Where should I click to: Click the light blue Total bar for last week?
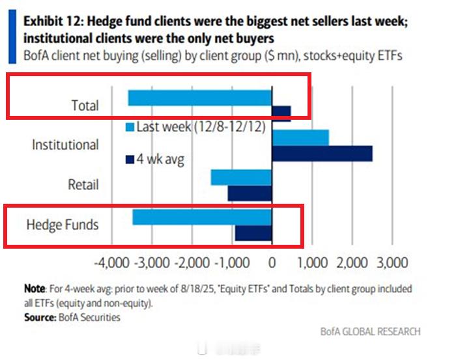pos(199,98)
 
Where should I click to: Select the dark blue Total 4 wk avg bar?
pos(281,113)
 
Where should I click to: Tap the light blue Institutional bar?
pos(300,137)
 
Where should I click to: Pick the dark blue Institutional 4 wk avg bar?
pos(322,154)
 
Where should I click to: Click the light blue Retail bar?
pos(241,178)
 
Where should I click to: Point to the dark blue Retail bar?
pos(250,193)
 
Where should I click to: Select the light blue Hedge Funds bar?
pos(202,217)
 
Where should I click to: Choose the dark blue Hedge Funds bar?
pos(253,233)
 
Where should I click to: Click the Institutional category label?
pos(65,145)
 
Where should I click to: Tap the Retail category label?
pos(83,185)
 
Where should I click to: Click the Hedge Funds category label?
pos(63,225)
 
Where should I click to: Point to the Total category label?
pos(85,105)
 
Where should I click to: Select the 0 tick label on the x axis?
pos(272,263)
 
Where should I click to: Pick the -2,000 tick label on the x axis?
pos(192,263)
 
